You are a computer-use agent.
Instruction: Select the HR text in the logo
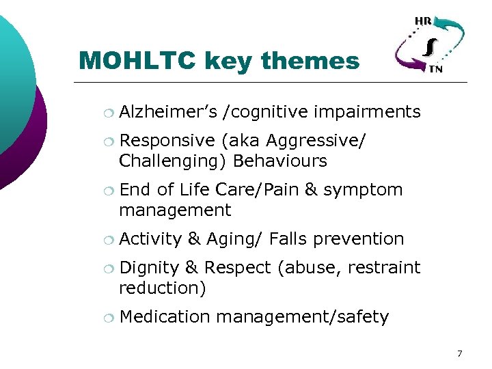click(423, 21)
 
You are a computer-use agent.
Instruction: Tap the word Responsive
click(167, 140)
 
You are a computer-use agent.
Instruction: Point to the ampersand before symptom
click(310, 189)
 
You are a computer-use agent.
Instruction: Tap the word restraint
click(384, 267)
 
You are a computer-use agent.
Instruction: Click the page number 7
click(459, 353)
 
